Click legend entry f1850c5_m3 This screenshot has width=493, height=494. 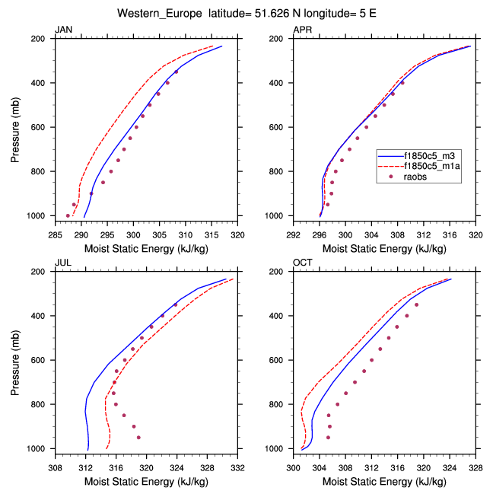pos(430,155)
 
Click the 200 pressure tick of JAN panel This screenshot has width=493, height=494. pos(37,39)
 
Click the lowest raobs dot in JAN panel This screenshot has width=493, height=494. pos(68,215)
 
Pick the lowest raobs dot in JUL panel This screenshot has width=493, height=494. pos(138,438)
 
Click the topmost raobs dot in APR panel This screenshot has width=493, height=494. pos(402,82)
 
